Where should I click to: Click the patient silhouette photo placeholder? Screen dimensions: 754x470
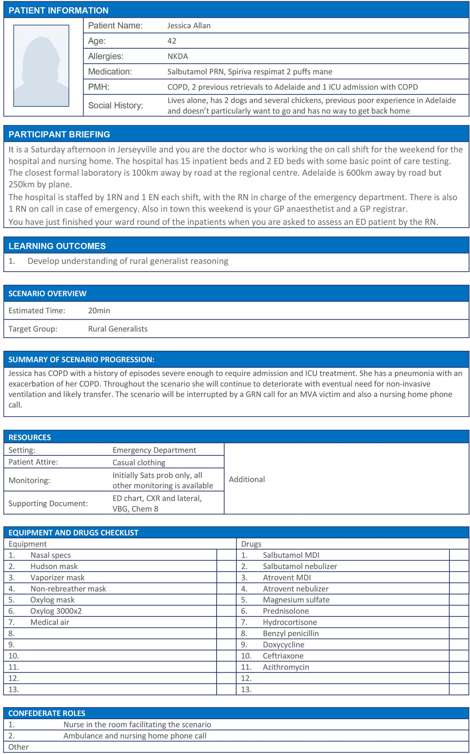41,66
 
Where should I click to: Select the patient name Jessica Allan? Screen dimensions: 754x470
189,26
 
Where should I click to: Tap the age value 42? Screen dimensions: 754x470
172,41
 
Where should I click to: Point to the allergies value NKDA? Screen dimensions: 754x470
177,56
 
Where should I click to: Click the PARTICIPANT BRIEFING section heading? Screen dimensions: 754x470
59,134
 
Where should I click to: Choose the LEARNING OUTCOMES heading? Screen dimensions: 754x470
57,246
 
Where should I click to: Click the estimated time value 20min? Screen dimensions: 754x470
99,311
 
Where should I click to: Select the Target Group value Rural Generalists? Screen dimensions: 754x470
117,329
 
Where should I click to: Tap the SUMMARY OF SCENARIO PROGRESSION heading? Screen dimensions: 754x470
81,359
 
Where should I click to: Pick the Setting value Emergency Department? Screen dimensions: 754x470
154,450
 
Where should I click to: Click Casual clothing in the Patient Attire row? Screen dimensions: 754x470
139,462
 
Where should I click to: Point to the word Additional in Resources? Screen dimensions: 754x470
247,479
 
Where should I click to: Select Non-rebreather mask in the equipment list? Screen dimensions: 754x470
68,588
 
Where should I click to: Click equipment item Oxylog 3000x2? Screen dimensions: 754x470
56,611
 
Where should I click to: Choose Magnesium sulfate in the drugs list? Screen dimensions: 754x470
296,600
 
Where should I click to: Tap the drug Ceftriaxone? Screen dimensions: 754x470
283,656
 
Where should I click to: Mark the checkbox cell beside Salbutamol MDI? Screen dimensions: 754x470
459,555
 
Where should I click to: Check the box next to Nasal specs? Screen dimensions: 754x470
226,555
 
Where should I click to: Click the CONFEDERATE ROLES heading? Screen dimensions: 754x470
47,713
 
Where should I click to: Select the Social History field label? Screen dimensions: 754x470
115,106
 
